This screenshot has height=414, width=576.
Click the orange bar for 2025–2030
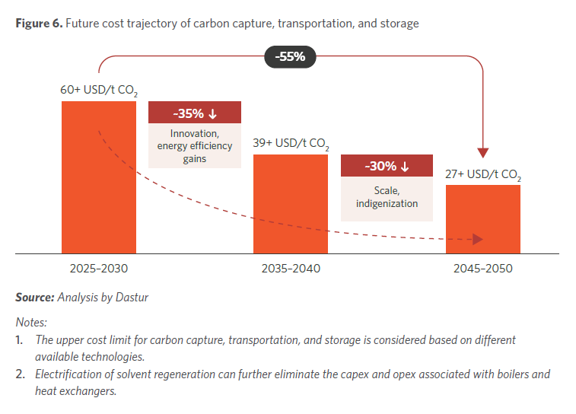99,177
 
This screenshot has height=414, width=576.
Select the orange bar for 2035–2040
291,203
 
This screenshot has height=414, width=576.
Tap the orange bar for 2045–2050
483,218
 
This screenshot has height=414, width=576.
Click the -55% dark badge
290,57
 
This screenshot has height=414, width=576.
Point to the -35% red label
195,113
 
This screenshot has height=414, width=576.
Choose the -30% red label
387,166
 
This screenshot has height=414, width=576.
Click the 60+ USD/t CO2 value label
99,91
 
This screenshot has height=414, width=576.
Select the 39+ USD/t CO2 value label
291,143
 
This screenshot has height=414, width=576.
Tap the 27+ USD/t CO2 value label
483,174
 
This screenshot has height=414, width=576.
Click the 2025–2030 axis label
99,269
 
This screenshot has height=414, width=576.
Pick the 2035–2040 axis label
291,269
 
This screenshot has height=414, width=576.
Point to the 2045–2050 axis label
483,269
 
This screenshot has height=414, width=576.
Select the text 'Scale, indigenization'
387,197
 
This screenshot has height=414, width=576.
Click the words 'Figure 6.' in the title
38,24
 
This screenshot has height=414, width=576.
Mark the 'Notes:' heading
31,322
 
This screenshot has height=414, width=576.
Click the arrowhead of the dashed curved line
477,240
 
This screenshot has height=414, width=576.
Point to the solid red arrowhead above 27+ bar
483,152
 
